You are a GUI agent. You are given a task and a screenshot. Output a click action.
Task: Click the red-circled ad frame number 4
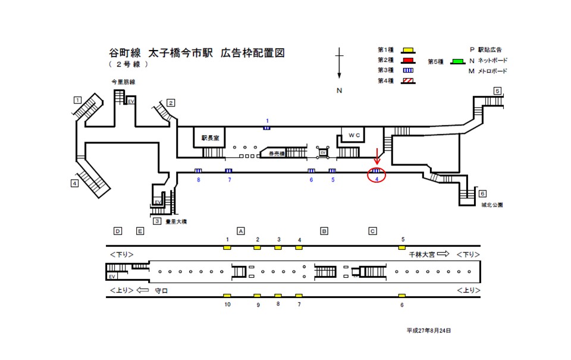(377, 175)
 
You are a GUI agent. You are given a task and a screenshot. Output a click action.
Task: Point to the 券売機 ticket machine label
(278, 154)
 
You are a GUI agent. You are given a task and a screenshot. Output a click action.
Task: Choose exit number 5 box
(497, 91)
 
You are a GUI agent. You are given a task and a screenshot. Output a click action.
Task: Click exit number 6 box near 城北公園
(482, 193)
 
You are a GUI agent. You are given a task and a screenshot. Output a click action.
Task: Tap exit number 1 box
(77, 99)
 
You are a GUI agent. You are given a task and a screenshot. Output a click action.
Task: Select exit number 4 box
(74, 183)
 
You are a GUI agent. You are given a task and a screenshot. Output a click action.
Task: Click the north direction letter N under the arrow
(339, 90)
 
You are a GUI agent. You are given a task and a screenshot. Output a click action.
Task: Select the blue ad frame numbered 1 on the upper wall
(267, 127)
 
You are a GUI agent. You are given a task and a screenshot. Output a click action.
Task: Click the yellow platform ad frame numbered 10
(227, 296)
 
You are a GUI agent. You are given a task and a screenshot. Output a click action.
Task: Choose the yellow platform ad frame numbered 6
(402, 296)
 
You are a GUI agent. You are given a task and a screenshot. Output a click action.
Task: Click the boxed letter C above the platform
(373, 231)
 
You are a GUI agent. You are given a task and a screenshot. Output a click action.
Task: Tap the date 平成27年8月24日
(429, 330)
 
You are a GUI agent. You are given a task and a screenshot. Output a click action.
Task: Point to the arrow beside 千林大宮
(444, 254)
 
